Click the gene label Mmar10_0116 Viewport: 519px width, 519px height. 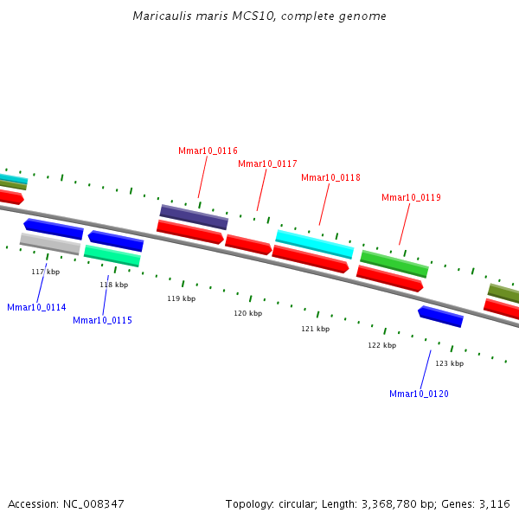point(208,151)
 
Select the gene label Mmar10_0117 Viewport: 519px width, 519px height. point(267,163)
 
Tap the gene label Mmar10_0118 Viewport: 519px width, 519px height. point(330,177)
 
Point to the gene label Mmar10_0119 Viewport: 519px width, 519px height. point(411,197)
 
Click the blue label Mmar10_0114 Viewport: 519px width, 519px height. point(36,307)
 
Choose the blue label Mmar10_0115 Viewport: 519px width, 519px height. point(102,320)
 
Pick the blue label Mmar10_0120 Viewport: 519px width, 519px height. point(419,394)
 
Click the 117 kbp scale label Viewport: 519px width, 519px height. point(45,272)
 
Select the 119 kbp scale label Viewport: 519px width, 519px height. point(181,298)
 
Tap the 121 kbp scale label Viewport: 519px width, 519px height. point(315,329)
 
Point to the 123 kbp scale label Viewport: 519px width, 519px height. point(449,363)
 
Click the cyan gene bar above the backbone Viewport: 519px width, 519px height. point(314,243)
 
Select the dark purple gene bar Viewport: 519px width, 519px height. point(194,216)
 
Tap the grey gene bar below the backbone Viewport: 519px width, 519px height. point(50,244)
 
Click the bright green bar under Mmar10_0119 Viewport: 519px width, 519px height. point(394,263)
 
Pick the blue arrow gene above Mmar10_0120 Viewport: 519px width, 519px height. point(440,317)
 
